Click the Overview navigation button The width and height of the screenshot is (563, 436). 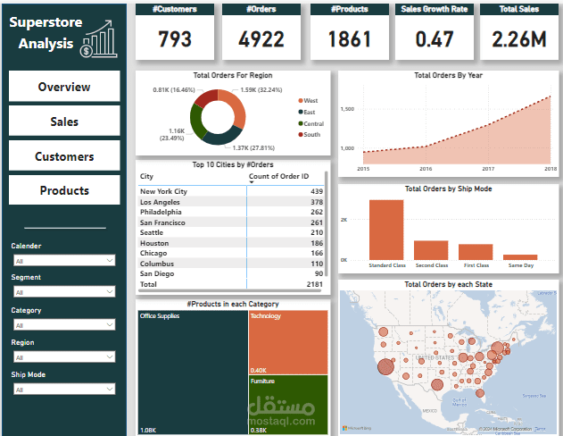[64, 87]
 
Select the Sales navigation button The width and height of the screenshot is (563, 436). [64, 122]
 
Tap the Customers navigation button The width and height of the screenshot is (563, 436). [64, 156]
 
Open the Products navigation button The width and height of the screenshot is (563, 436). [64, 190]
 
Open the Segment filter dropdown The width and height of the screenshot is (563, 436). [63, 291]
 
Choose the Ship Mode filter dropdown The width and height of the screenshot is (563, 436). [63, 389]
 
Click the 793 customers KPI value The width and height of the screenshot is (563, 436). [175, 39]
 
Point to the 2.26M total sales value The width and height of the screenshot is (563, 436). [519, 39]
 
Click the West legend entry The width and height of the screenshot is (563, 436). [310, 101]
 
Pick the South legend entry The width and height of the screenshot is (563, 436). [310, 135]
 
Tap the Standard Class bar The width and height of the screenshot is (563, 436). [386, 230]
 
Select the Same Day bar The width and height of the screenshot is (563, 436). [520, 256]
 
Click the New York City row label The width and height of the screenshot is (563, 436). [164, 191]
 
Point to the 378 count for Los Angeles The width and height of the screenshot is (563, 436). [316, 202]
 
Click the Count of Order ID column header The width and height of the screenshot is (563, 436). [279, 177]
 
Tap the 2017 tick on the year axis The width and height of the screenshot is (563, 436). [488, 168]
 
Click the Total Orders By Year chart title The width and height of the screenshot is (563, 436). [449, 76]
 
